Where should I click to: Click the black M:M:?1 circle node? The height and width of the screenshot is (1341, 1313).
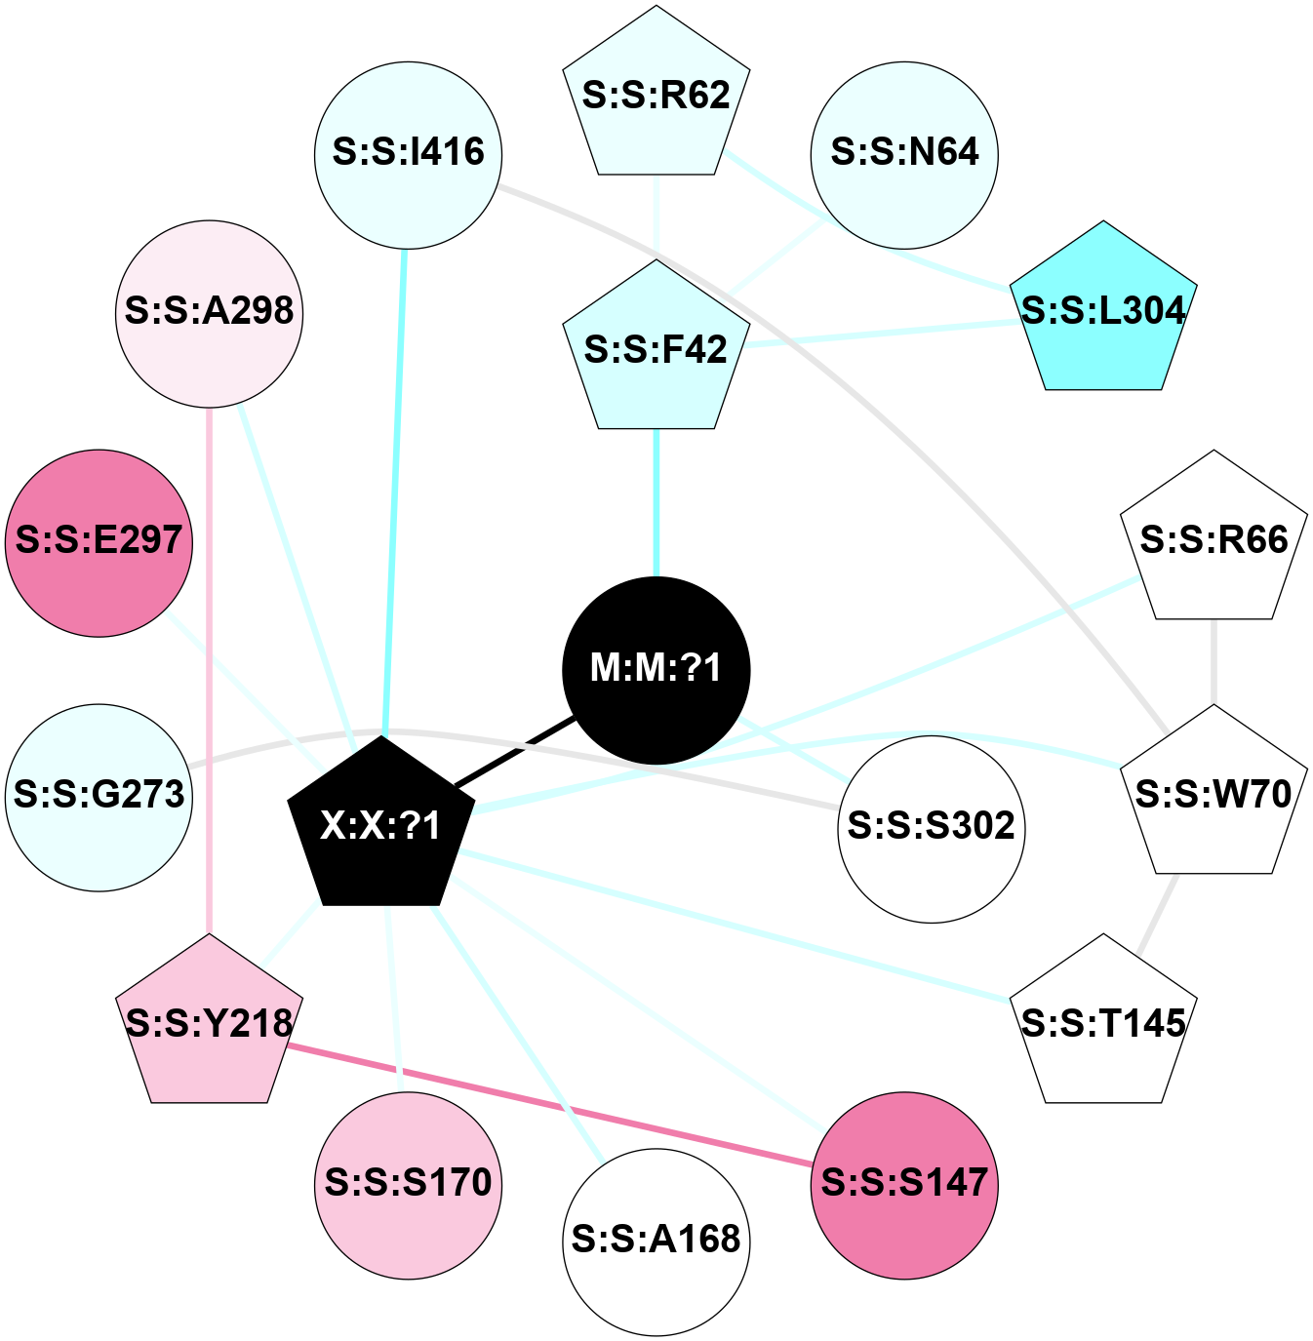[656, 670]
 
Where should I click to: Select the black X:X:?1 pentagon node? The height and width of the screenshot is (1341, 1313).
[381, 825]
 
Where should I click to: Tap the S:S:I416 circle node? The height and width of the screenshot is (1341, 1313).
[409, 155]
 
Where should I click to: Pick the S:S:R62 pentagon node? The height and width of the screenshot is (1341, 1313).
[656, 97]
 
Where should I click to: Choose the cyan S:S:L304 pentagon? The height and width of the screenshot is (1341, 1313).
[1103, 311]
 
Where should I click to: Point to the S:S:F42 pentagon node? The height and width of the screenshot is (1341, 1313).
[656, 350]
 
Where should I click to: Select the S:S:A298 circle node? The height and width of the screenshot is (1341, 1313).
[210, 313]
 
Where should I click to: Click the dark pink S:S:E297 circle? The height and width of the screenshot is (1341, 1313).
[99, 543]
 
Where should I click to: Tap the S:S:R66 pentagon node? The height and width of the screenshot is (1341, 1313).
[1214, 540]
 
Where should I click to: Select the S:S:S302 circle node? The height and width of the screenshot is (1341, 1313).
[932, 828]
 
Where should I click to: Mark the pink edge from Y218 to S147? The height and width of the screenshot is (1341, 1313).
[551, 1105]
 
